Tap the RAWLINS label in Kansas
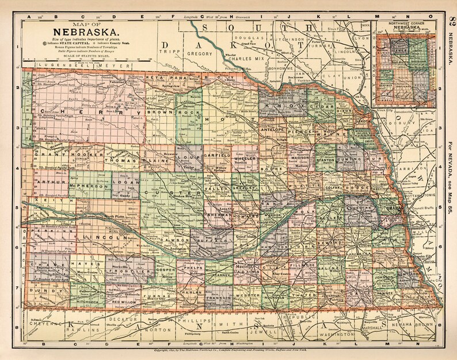tap(86, 330)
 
